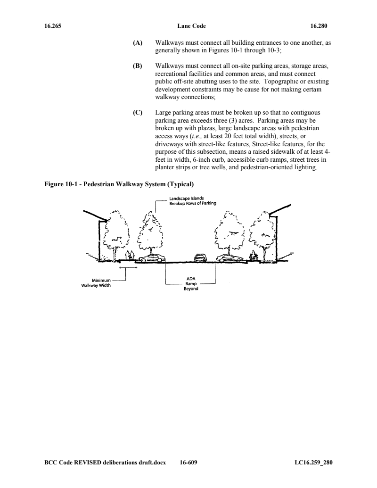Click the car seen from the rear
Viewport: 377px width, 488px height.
point(200,257)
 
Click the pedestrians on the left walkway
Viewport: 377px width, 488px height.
point(131,256)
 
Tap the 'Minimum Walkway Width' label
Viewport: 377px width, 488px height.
point(96,283)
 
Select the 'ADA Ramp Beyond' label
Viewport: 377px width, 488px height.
point(191,283)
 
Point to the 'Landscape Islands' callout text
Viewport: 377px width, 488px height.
point(186,198)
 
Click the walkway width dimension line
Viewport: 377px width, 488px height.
point(128,267)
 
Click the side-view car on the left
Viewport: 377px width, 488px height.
point(152,258)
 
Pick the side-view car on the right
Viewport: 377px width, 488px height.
point(230,258)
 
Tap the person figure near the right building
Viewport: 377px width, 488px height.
point(253,256)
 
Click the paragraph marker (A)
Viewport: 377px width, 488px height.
point(138,43)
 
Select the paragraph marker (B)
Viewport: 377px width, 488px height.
point(138,66)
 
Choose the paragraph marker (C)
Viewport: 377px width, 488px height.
point(138,113)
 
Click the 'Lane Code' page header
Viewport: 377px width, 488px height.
point(192,26)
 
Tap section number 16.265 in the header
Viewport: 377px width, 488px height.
point(53,26)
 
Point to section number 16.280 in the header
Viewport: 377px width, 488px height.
point(319,26)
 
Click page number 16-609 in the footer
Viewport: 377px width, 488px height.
point(188,463)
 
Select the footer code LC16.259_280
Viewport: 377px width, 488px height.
point(313,463)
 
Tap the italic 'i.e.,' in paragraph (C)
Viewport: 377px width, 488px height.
point(197,136)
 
